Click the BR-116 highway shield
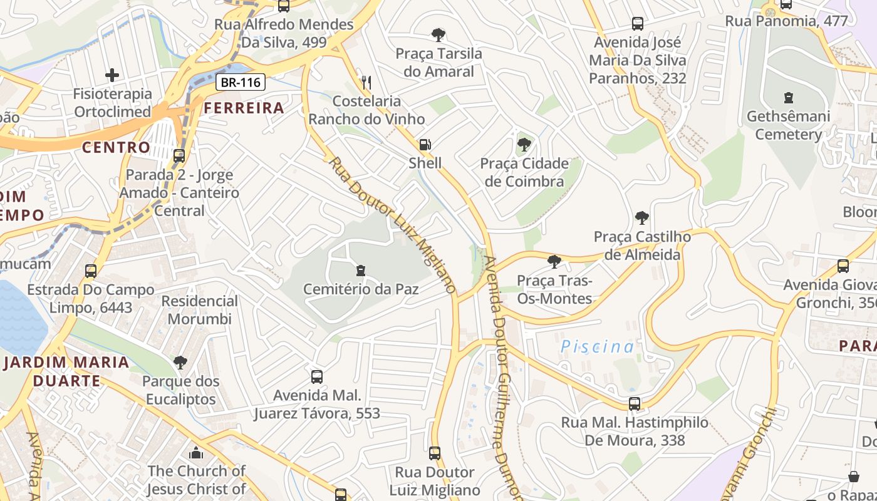pos(241,82)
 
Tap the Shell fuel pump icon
pos(425,145)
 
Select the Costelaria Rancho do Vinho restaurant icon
pos(367,82)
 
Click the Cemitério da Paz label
pos(361,289)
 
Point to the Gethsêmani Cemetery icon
pos(788,98)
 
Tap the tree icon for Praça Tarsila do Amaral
pos(438,35)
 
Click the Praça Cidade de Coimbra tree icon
pos(524,145)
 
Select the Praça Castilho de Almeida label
pos(642,245)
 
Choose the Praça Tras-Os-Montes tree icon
pos(554,262)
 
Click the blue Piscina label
pos(597,346)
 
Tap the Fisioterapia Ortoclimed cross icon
pos(112,76)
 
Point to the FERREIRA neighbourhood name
pos(244,108)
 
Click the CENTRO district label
pos(117,147)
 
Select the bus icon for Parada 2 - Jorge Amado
pos(179,156)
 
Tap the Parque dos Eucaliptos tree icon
pos(180,362)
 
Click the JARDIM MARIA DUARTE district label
pos(66,371)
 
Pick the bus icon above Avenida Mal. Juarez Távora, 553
pos(317,377)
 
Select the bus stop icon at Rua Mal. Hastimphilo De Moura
pos(635,404)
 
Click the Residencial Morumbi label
pos(199,310)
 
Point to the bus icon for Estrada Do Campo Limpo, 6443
pos(91,271)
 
